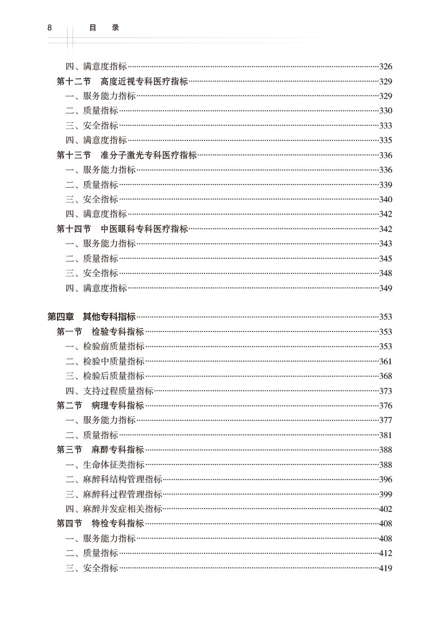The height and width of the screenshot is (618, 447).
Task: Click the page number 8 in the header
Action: click(50, 27)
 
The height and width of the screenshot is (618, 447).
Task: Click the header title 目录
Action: click(104, 27)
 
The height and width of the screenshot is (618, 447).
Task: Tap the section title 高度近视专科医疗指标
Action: click(144, 82)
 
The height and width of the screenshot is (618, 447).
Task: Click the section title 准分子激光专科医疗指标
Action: click(149, 155)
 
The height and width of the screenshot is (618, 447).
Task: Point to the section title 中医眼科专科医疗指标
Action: click(144, 229)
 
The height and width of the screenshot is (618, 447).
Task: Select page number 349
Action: click(386, 288)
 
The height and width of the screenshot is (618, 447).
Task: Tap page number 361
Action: click(386, 362)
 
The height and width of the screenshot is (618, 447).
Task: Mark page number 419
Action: click(386, 568)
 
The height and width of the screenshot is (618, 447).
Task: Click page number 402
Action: click(386, 509)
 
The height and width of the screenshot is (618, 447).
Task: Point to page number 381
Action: click(386, 435)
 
